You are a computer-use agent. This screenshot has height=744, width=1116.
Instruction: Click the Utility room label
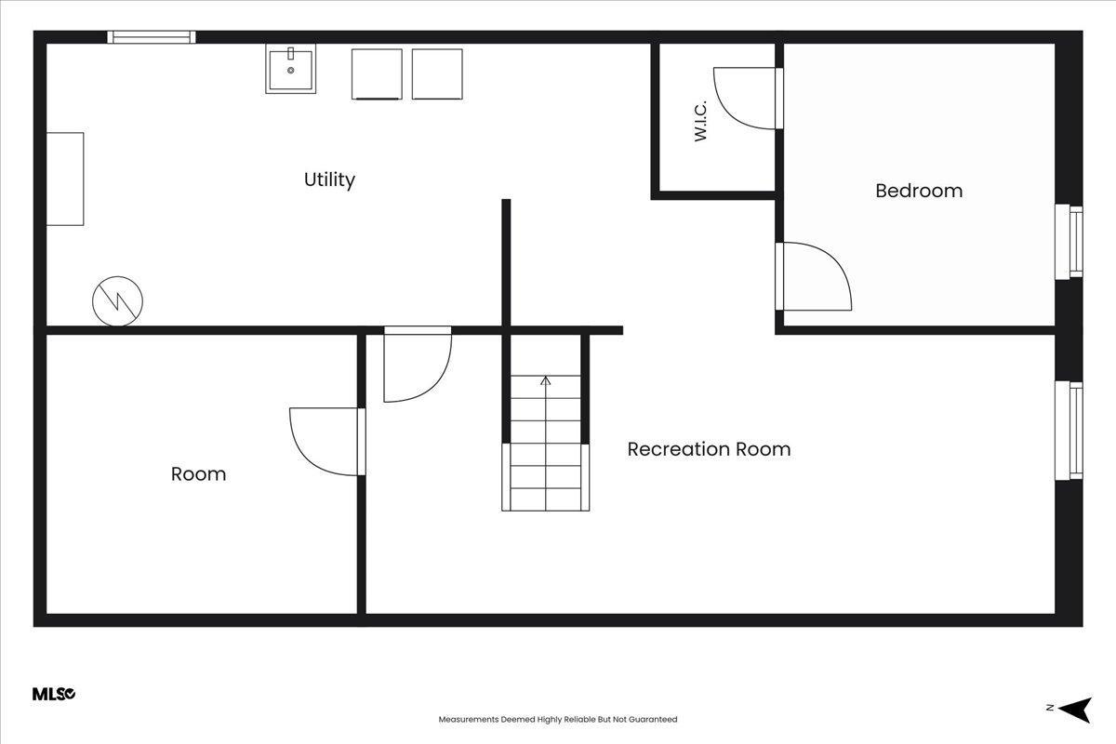[x=329, y=179]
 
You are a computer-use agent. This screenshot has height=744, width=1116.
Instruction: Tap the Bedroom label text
[x=919, y=191]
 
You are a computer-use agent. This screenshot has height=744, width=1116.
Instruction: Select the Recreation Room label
[x=709, y=449]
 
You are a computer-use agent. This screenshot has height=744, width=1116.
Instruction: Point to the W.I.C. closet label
[x=700, y=121]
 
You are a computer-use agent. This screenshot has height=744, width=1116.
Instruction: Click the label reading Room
[x=198, y=474]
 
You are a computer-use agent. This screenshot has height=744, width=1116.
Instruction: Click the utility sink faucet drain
[x=290, y=71]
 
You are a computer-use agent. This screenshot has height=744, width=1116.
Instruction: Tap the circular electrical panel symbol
[x=117, y=301]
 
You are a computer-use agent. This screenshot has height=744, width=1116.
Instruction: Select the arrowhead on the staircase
[x=546, y=380]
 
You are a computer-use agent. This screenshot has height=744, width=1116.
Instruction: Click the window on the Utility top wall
[x=152, y=37]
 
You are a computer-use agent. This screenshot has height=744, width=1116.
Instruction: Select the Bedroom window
[x=1069, y=242]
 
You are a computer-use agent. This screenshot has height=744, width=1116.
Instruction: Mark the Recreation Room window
[x=1069, y=431]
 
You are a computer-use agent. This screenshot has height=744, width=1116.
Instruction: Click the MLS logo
[x=54, y=694]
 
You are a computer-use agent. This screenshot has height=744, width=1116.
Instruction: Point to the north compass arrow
[x=1075, y=710]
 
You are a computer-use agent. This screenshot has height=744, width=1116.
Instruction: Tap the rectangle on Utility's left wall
[x=65, y=179]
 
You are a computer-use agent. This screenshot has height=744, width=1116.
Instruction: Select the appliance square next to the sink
[x=377, y=73]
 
